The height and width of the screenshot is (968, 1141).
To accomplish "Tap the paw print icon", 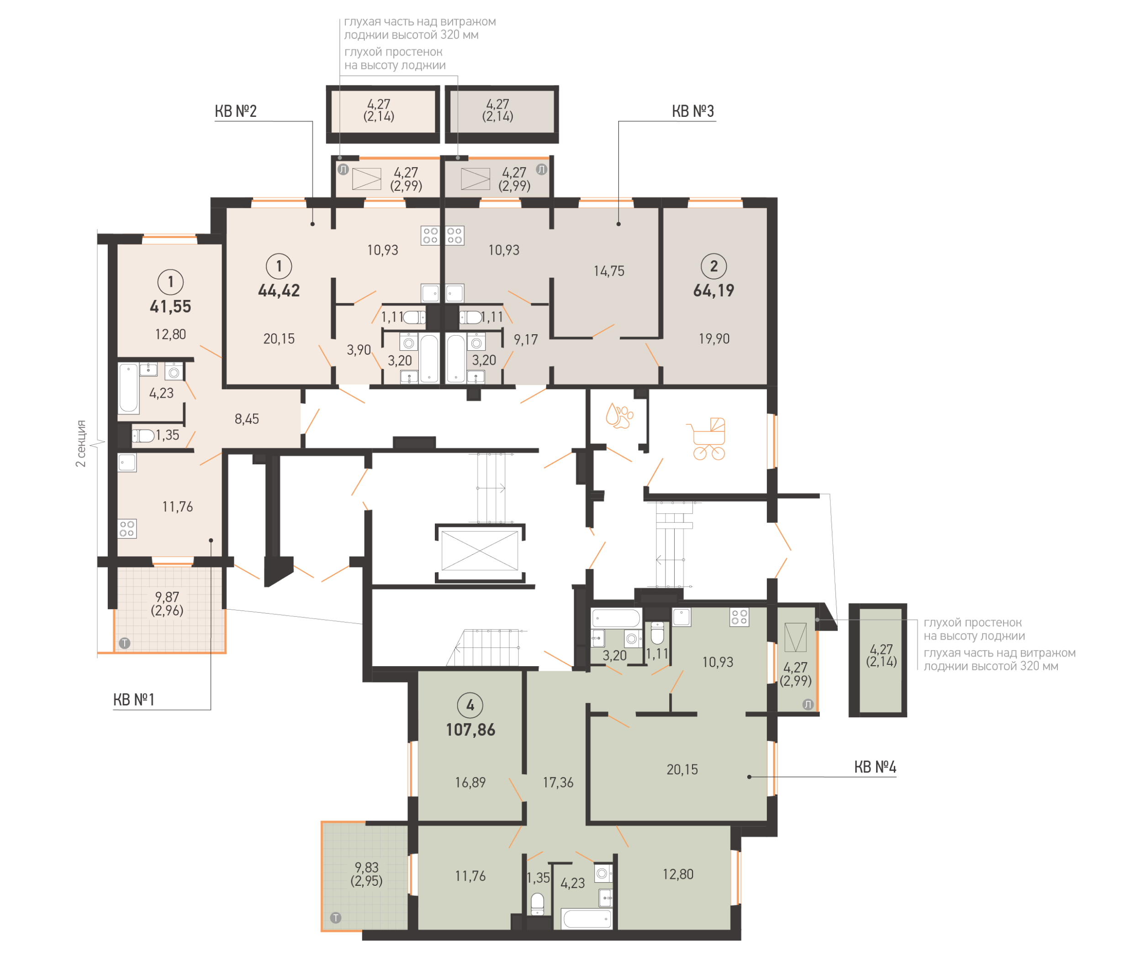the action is click(618, 416).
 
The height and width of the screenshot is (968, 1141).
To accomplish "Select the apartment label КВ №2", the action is click(235, 111).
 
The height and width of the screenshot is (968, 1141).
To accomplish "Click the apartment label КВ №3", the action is click(692, 111).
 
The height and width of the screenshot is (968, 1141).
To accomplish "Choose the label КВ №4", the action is click(874, 767).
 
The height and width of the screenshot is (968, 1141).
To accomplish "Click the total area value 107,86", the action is click(470, 730).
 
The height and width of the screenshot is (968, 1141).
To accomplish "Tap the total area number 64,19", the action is click(713, 290).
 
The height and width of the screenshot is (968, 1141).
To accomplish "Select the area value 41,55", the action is click(170, 306).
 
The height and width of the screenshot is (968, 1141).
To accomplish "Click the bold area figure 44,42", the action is click(279, 290).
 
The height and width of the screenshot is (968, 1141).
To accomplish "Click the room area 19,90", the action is click(713, 339).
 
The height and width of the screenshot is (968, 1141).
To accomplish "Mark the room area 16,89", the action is click(470, 782).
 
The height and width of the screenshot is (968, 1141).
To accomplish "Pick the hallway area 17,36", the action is click(558, 782).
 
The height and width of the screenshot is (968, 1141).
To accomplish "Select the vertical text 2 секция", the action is click(81, 443).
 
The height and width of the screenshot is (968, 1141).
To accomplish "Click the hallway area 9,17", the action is click(525, 340).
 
